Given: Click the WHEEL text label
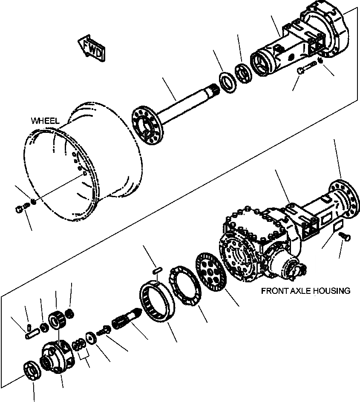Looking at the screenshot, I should coord(45,121).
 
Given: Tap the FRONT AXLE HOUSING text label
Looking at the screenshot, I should coord(305,291).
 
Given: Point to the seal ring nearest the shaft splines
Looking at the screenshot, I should coord(228,82).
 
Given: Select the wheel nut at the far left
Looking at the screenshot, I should coord(18,208).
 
